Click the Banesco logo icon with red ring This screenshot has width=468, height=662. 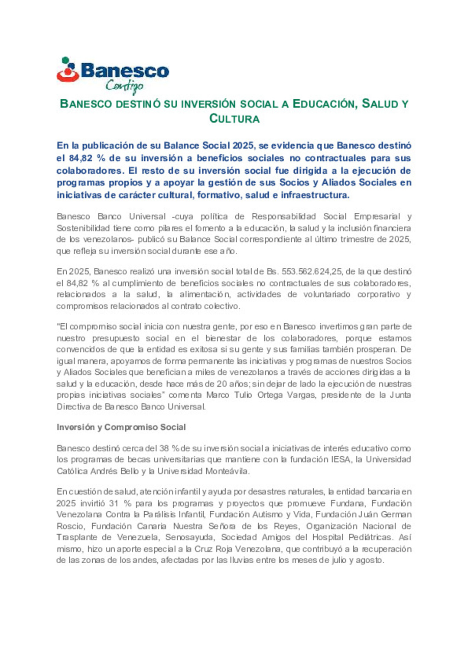coord(68,71)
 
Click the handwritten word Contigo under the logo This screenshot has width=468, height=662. coord(124,86)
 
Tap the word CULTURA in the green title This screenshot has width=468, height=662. coord(234,119)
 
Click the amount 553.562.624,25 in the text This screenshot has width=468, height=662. coord(312,272)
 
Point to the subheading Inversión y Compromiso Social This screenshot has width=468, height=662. coord(121,427)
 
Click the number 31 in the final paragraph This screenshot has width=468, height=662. coord(114,503)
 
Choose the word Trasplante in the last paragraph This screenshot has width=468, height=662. coord(77,537)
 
